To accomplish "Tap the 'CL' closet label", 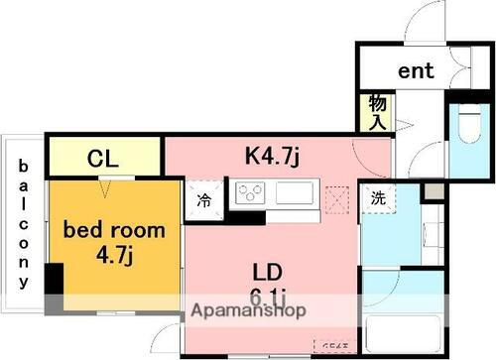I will tap(103, 158).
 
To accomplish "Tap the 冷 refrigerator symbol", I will tap(203, 199).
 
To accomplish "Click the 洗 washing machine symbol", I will tap(378, 196).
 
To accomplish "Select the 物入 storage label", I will tap(378, 110).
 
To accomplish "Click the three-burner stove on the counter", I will tap(249, 192).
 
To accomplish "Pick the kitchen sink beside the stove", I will tap(295, 192).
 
